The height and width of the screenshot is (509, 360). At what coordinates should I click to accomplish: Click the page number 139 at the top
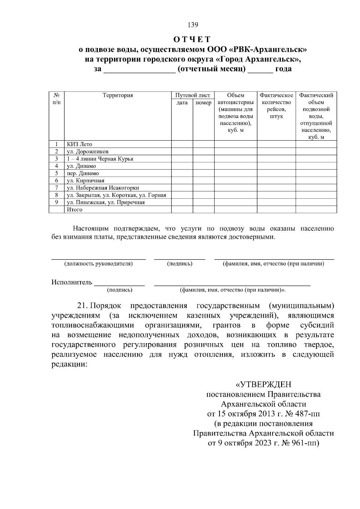193,25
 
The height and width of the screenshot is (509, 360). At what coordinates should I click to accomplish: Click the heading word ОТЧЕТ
192,39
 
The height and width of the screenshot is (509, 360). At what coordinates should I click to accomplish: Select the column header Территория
118,95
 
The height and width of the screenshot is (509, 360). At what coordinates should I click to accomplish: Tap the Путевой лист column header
193,95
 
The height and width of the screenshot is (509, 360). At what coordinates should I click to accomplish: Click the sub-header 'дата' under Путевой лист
182,103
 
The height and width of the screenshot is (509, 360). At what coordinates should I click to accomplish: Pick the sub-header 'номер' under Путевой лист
203,103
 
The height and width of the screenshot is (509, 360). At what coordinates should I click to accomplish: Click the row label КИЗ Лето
79,144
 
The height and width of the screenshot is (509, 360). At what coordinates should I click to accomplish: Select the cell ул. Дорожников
88,151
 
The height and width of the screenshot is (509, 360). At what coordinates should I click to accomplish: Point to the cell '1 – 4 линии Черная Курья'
100,159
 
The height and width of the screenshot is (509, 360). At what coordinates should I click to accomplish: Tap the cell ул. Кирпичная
85,181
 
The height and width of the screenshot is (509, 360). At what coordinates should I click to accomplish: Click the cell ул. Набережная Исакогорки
103,188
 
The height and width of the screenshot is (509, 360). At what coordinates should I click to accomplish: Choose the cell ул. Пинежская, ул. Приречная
106,202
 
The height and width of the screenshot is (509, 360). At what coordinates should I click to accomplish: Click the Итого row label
74,210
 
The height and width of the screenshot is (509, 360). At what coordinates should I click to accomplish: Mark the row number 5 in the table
56,173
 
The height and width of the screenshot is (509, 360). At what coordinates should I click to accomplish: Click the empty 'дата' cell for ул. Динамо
182,166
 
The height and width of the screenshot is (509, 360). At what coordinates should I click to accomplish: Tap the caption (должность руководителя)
98,264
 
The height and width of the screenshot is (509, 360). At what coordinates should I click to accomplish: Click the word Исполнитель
72,282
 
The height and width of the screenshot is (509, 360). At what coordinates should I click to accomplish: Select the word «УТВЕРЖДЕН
263,384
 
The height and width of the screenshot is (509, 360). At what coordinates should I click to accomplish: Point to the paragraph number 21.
82,306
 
